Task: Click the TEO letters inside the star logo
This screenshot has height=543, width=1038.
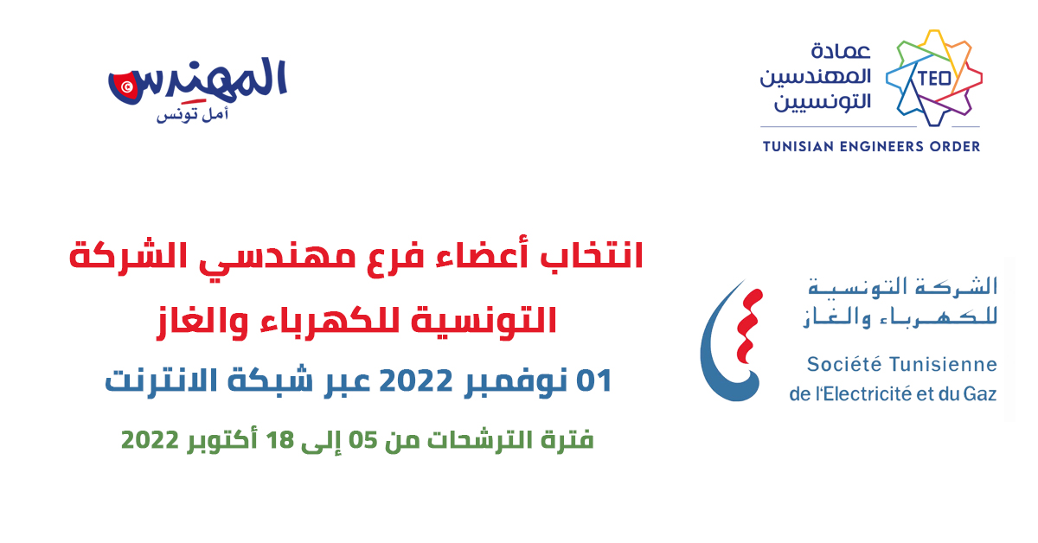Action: click(934, 79)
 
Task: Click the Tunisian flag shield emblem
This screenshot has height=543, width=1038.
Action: click(124, 86)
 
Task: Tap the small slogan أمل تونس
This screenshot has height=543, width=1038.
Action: click(192, 114)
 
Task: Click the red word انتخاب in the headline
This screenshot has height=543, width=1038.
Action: click(592, 255)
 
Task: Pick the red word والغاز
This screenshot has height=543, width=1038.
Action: click(202, 321)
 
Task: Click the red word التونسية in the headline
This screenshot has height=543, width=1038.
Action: click(484, 321)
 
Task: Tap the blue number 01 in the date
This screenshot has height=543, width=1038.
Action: click(594, 380)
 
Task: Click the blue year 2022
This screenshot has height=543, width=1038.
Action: click(416, 380)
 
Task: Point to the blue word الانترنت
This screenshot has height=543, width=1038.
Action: click(161, 380)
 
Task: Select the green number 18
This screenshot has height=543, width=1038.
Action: click(280, 440)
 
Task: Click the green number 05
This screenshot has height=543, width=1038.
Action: click(362, 440)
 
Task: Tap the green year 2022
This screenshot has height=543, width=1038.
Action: click(150, 440)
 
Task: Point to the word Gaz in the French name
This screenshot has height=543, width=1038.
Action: click(980, 394)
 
